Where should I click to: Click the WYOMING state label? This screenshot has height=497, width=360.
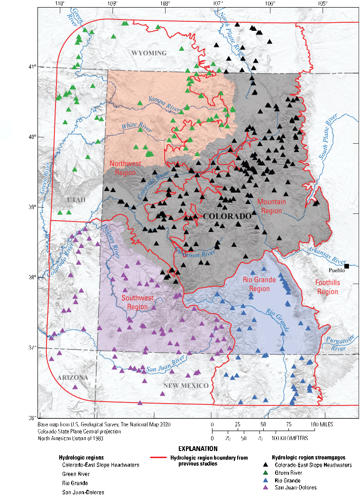(149, 53)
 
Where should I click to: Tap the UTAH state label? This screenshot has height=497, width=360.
(76, 200)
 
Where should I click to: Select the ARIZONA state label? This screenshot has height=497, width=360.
(73, 377)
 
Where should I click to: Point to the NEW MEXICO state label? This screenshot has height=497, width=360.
(186, 386)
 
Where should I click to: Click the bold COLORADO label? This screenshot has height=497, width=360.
(227, 216)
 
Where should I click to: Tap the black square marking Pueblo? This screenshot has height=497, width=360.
(347, 266)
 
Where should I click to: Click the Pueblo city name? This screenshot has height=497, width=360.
(337, 270)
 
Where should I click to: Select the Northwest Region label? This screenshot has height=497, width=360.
(125, 168)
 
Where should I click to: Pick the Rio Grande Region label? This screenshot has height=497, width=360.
(259, 284)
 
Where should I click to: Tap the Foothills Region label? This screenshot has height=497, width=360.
(328, 287)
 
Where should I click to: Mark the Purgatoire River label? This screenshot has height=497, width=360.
(339, 344)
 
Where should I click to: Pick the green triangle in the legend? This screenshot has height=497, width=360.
(266, 473)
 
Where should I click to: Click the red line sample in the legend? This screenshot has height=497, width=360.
(158, 458)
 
